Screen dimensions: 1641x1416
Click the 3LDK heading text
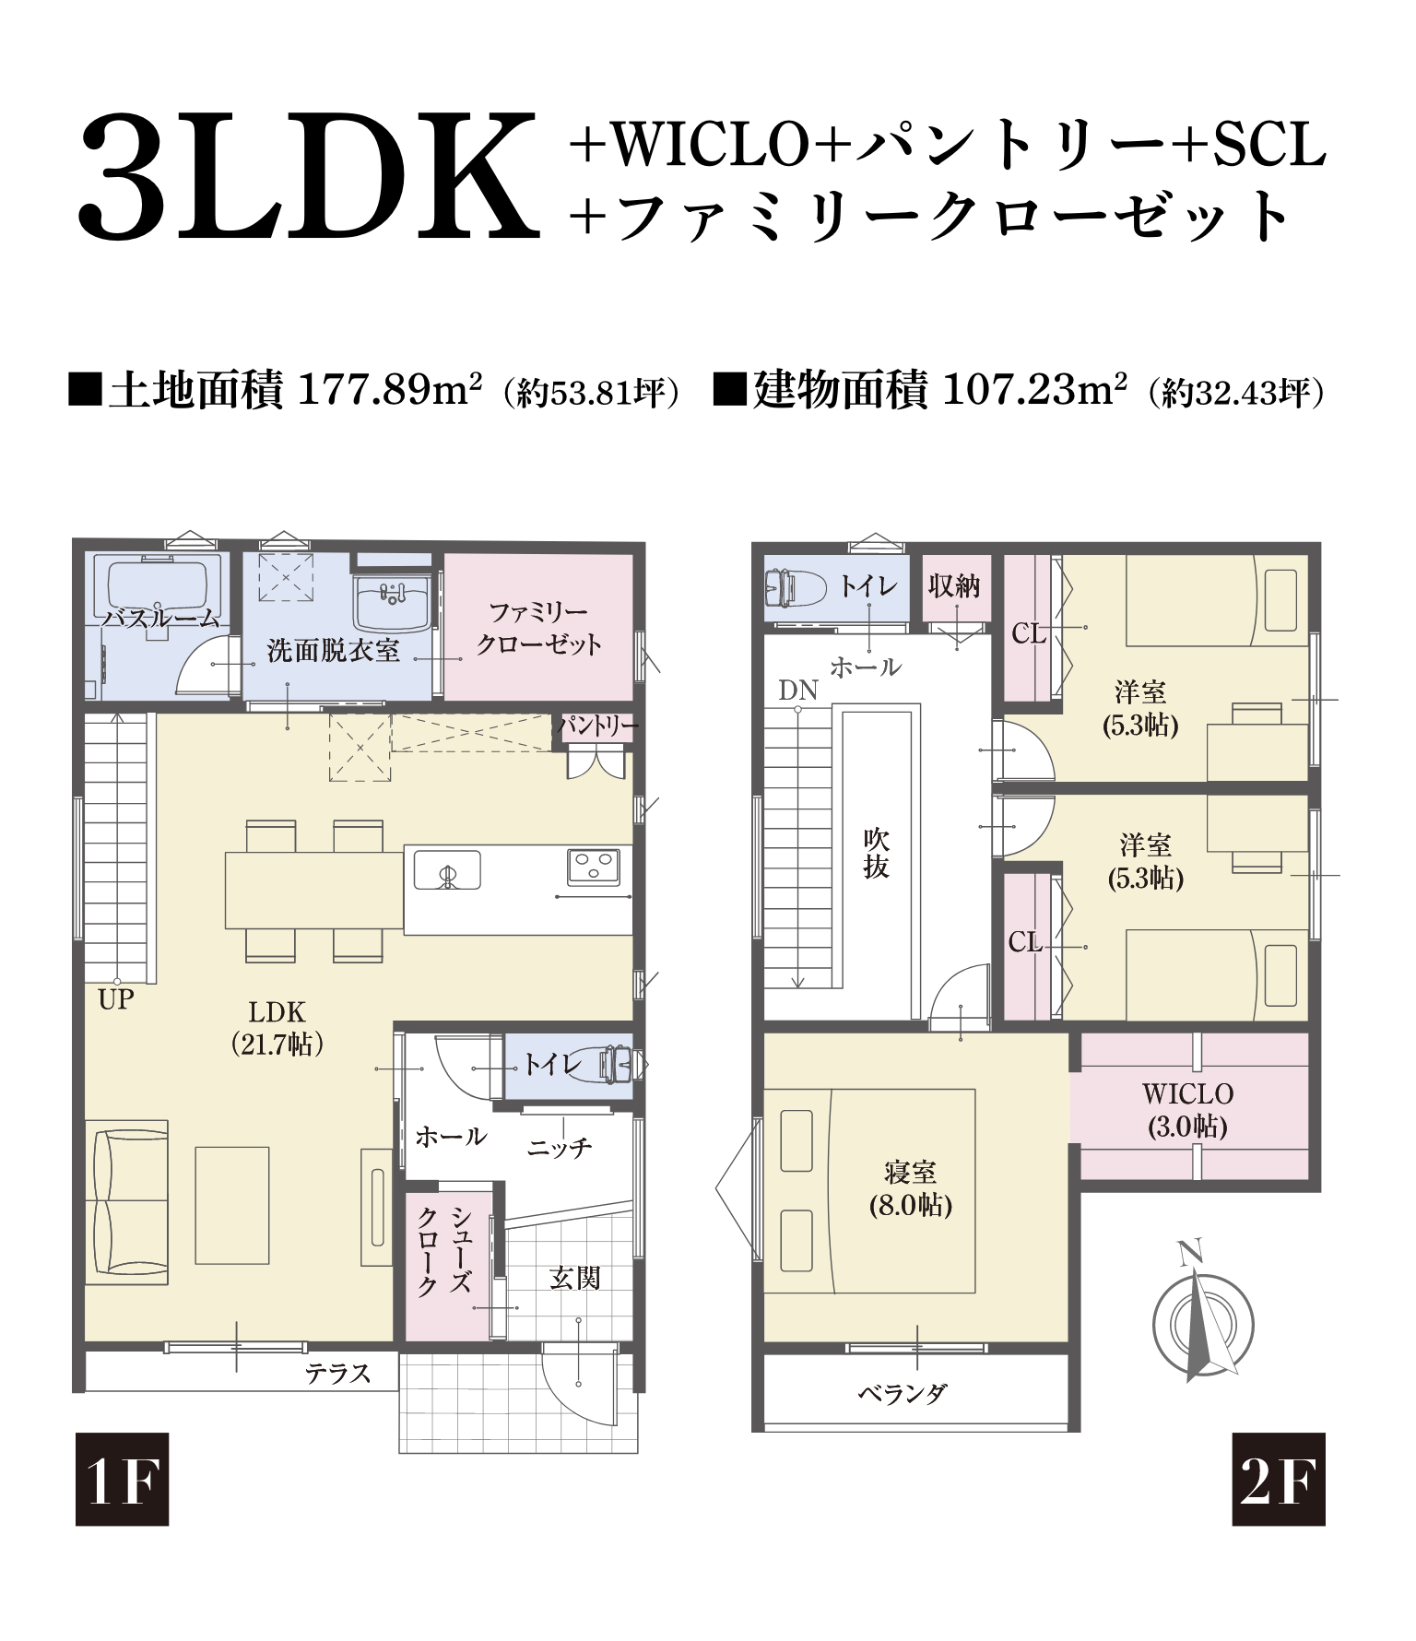click(x=308, y=177)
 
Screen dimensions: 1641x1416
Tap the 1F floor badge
click(x=122, y=1479)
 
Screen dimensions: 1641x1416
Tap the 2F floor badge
click(x=1278, y=1479)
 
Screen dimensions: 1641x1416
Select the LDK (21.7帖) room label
click(x=277, y=1027)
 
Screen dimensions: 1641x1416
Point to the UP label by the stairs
click(x=116, y=999)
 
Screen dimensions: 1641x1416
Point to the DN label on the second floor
click(x=797, y=691)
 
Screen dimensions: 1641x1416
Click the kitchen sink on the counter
click(x=447, y=869)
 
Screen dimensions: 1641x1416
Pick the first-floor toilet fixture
click(x=617, y=1065)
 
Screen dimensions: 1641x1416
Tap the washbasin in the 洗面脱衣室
click(x=393, y=599)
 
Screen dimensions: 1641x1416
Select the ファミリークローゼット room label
click(x=538, y=628)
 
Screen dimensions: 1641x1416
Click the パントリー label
click(x=597, y=726)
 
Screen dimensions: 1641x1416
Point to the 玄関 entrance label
click(x=574, y=1278)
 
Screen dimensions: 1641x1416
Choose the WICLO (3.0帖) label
click(x=1187, y=1109)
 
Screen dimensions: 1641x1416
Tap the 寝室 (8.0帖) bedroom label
click(x=910, y=1188)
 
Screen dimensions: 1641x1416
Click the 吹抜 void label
click(x=876, y=853)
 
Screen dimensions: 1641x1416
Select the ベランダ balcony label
click(x=903, y=1394)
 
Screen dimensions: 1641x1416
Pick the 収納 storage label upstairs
click(x=954, y=585)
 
